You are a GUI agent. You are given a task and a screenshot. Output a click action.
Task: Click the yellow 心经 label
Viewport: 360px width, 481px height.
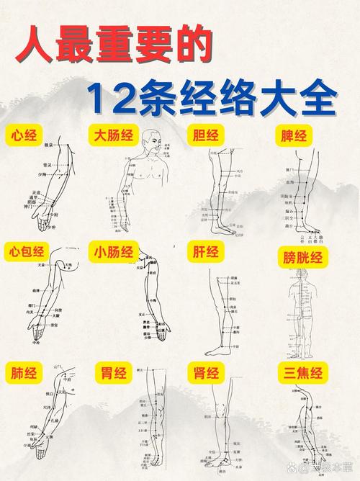pyautogui.click(x=27, y=135)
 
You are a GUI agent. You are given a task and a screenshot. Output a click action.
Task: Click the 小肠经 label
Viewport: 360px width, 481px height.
pyautogui.click(x=114, y=252)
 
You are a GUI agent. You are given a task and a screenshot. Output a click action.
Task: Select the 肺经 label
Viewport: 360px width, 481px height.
pyautogui.click(x=27, y=373)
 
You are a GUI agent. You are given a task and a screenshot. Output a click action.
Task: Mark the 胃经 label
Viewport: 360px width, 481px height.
pyautogui.click(x=114, y=373)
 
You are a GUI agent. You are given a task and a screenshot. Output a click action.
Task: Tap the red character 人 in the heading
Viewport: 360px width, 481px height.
pyautogui.click(x=40, y=45)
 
